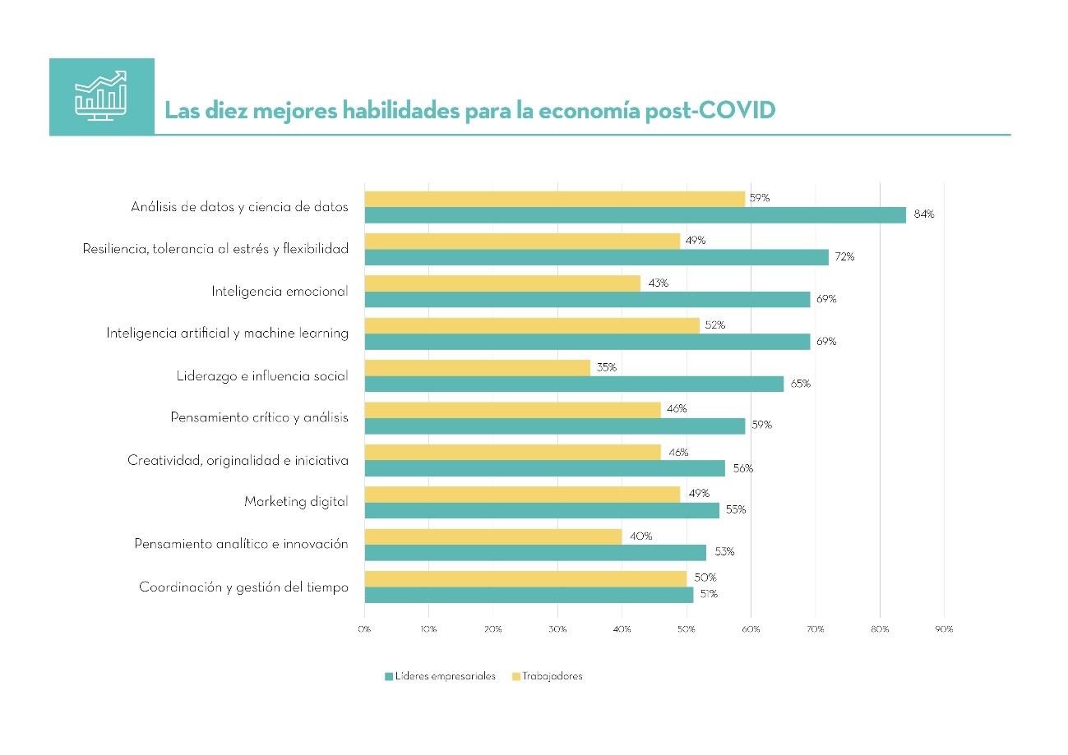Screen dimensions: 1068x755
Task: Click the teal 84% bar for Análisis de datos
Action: tap(635, 215)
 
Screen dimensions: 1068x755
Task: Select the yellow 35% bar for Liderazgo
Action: tap(477, 368)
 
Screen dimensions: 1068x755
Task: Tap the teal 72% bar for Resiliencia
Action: tap(596, 257)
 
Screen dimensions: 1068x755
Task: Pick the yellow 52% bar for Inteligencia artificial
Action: tap(532, 325)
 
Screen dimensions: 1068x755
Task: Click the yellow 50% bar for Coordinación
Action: tap(525, 578)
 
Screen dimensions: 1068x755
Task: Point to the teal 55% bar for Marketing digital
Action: tap(542, 511)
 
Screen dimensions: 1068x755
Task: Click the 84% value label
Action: tap(923, 214)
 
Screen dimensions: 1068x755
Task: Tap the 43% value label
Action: tap(658, 283)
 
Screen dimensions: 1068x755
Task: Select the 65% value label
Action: tap(800, 384)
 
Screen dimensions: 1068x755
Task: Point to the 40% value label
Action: tap(640, 536)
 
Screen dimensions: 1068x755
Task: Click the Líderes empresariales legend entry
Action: tap(440, 676)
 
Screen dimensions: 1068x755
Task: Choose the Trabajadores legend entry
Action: tap(548, 676)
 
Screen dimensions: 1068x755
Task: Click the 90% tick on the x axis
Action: tap(944, 629)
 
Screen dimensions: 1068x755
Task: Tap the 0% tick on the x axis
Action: tap(364, 629)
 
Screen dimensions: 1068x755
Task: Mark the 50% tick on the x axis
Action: tap(687, 629)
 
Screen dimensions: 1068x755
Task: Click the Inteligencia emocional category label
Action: tap(280, 291)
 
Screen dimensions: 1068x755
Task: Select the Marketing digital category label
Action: tap(296, 502)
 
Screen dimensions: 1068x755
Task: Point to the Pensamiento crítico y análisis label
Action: tap(259, 417)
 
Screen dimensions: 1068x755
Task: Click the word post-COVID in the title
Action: tap(710, 111)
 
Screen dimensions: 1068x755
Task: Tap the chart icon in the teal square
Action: tap(101, 95)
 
